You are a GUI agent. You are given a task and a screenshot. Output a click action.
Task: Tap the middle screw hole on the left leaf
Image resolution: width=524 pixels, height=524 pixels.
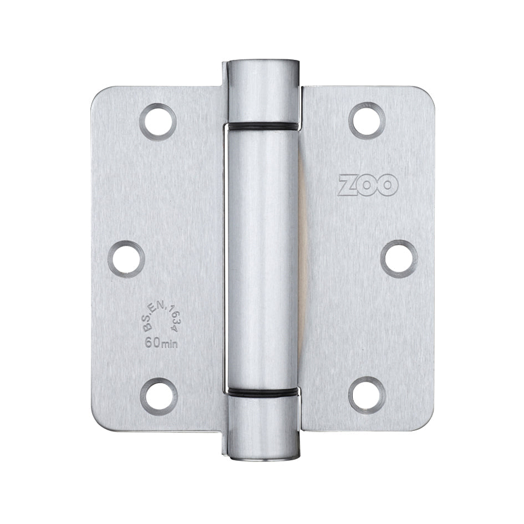tap(126, 259)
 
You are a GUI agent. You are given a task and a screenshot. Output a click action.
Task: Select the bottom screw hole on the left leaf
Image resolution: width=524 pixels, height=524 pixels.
tap(158, 396)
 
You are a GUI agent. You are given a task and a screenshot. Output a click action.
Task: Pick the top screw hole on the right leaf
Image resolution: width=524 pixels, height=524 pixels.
tap(367, 120)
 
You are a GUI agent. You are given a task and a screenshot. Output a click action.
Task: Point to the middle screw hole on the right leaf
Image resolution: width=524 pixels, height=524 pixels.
tap(399, 259)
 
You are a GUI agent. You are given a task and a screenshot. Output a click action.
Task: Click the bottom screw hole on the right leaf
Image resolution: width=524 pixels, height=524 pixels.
tap(367, 395)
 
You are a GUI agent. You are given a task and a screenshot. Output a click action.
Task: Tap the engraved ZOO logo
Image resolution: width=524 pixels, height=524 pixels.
tap(368, 185)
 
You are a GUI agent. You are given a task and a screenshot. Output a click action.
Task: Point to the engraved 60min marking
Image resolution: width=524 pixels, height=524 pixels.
tap(161, 343)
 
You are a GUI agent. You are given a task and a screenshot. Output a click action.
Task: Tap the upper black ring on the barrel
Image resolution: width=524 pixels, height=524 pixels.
tap(262, 126)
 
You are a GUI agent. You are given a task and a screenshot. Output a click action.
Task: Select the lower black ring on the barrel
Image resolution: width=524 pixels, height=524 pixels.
tap(262, 393)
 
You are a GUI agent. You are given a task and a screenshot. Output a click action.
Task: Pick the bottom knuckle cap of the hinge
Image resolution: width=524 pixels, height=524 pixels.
tap(262, 427)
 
